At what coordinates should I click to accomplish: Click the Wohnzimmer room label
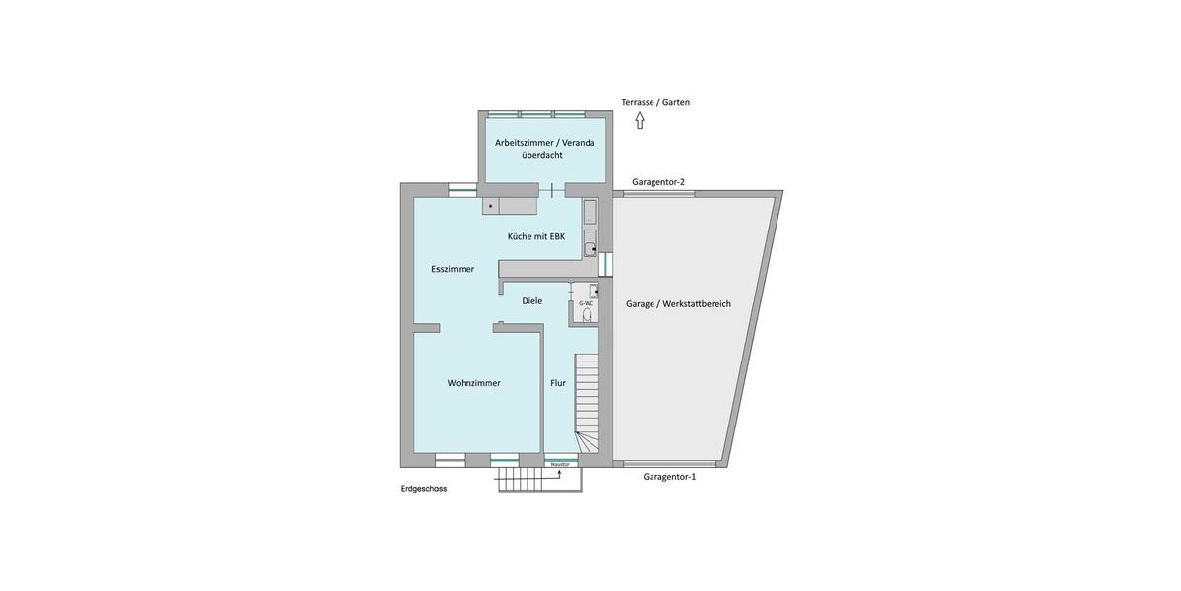(x=473, y=383)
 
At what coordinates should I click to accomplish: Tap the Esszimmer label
(x=453, y=269)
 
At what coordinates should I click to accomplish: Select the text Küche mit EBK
(x=535, y=236)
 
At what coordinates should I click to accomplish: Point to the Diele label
(x=532, y=301)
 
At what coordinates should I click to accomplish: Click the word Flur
(x=558, y=383)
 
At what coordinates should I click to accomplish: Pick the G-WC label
(x=587, y=303)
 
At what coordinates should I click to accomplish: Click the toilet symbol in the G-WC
(x=588, y=315)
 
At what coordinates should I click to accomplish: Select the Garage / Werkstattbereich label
(x=678, y=304)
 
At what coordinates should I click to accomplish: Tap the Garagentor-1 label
(x=669, y=477)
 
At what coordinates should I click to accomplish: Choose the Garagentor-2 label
(x=658, y=182)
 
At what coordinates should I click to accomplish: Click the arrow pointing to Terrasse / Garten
(x=640, y=120)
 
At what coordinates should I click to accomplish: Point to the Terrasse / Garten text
(x=655, y=102)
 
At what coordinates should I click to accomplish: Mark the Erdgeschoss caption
(x=423, y=489)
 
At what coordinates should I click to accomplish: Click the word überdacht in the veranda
(x=542, y=155)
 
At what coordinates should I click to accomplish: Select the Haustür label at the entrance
(x=560, y=464)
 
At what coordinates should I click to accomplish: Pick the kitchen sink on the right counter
(x=590, y=248)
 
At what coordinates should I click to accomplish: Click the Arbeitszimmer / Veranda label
(x=544, y=142)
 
